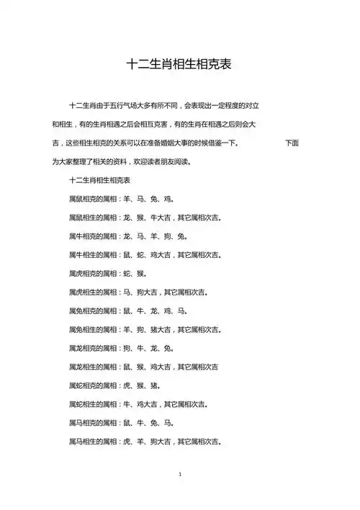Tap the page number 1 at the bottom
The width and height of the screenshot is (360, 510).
179,475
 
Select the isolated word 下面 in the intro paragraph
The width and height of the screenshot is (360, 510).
292,143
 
